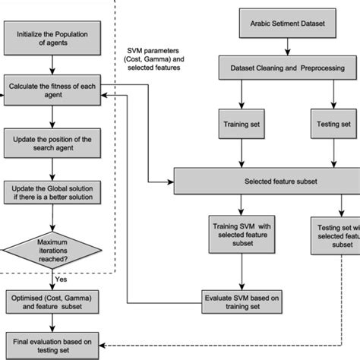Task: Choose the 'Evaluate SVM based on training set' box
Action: tap(242, 301)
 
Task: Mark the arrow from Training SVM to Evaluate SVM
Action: tap(242, 273)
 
